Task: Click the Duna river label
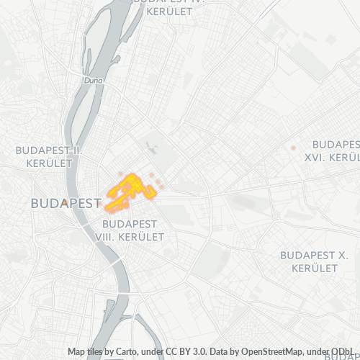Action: [94, 81]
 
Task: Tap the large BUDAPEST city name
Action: [66, 204]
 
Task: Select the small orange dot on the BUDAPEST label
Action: [65, 202]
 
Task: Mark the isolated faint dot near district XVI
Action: [293, 148]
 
